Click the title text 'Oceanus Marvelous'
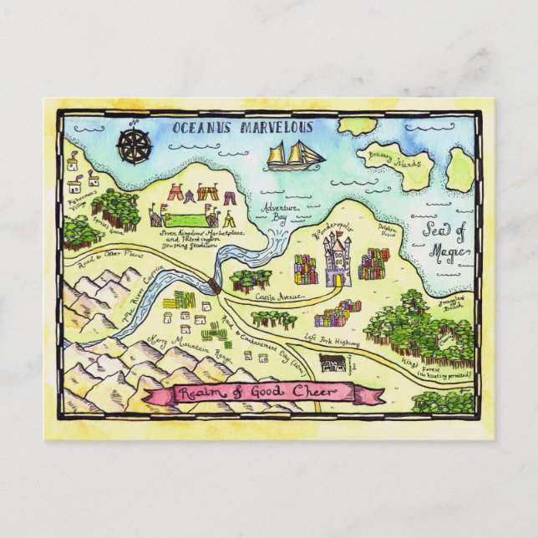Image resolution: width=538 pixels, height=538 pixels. point(241,128)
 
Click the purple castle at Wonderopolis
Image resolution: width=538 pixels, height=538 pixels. point(338,258)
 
